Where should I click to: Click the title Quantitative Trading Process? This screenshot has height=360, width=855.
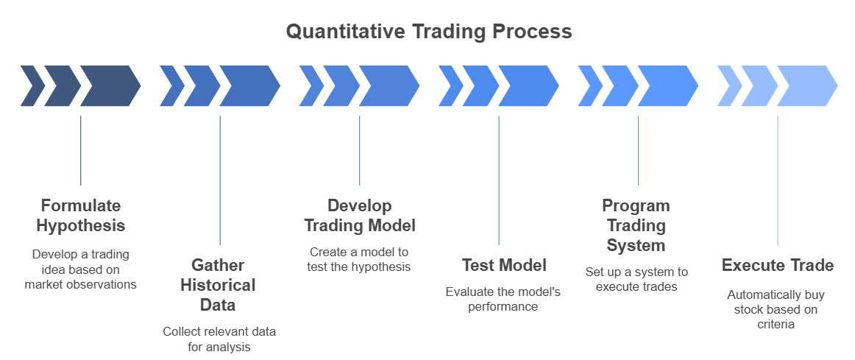tap(428, 32)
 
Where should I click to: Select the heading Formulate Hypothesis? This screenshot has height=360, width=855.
tap(80, 215)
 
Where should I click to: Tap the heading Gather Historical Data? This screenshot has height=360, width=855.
tap(219, 284)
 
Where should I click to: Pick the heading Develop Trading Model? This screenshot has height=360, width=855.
tap(359, 215)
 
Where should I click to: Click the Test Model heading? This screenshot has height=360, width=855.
tap(504, 265)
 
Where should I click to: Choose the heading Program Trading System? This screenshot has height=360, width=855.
tap(636, 225)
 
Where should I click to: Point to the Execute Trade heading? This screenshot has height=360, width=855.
tap(777, 265)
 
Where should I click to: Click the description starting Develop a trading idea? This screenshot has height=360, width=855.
tap(80, 269)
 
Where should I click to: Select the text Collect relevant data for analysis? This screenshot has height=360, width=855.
tap(219, 339)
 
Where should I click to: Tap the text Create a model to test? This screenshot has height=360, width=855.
tap(359, 259)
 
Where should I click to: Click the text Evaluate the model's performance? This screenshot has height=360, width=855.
tap(503, 299)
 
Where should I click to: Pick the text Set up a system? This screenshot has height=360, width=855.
tap(636, 279)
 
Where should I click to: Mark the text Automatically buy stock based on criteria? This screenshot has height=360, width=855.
tap(776, 309)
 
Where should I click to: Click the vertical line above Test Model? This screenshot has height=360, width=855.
tap(499, 180)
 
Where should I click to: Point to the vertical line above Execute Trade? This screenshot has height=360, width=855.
tap(778, 180)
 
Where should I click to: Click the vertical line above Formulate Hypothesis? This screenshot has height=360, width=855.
tap(80, 150)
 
